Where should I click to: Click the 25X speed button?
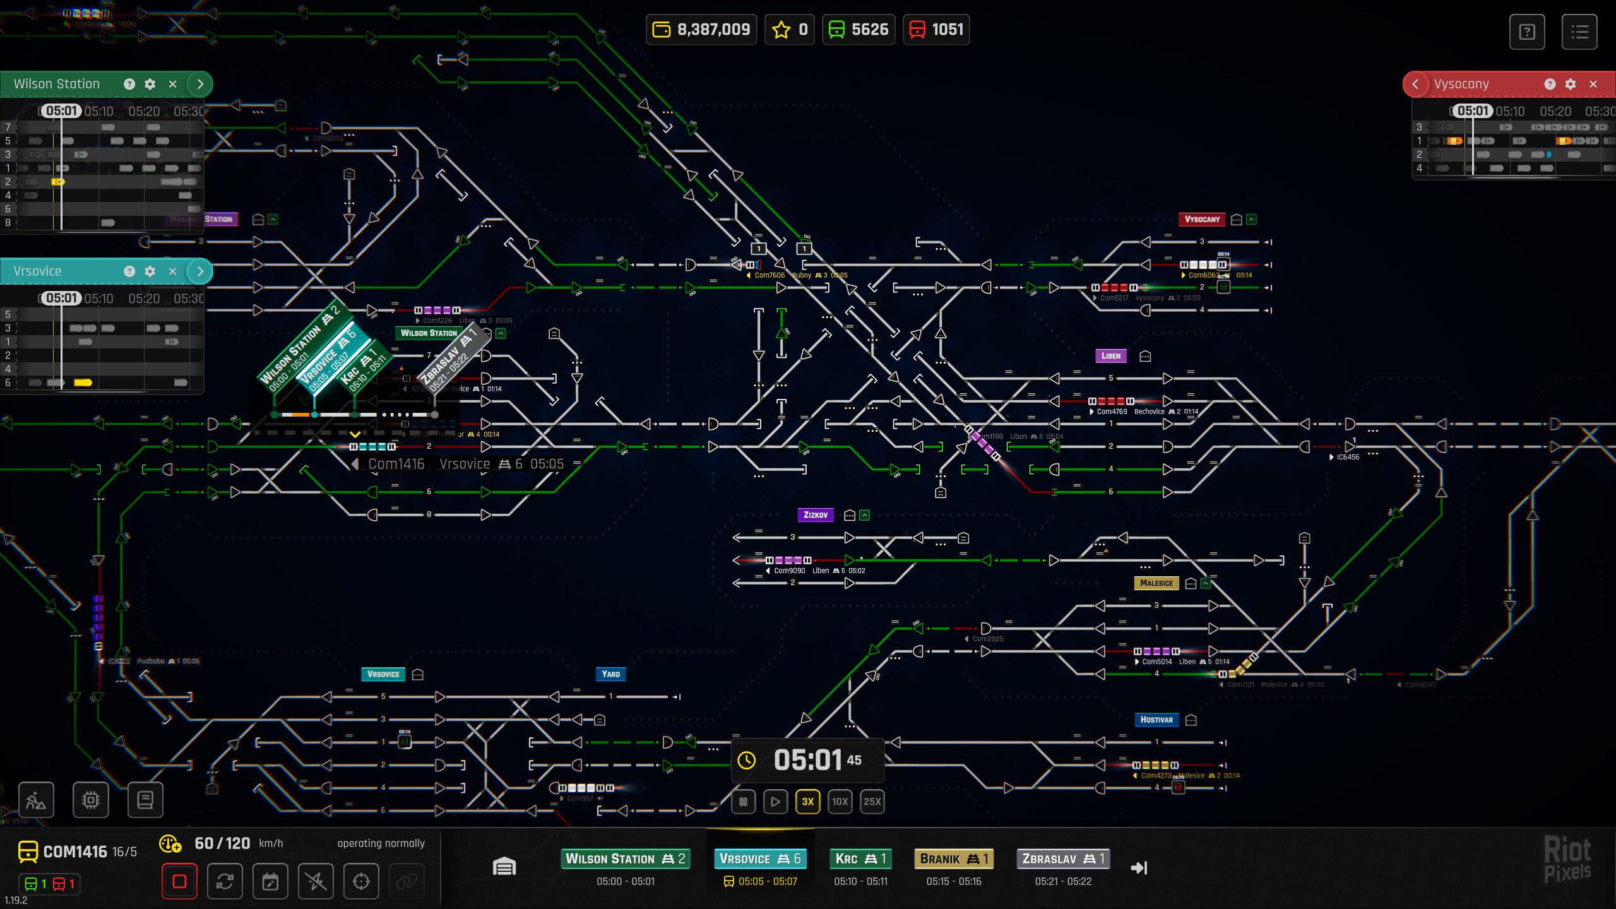click(x=872, y=802)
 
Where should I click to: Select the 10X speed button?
click(x=840, y=802)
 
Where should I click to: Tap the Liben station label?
click(x=1110, y=356)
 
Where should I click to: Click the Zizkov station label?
click(x=815, y=515)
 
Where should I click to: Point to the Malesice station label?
click(x=1156, y=583)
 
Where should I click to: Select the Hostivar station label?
click(x=1156, y=720)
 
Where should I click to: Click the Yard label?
click(x=610, y=674)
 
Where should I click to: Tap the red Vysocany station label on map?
click(x=1201, y=220)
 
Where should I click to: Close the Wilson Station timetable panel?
click(x=172, y=84)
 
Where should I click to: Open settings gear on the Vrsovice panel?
click(x=150, y=271)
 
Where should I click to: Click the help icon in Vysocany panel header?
click(x=1550, y=84)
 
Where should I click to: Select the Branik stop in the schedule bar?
click(x=953, y=858)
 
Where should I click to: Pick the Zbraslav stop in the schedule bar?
click(x=1063, y=858)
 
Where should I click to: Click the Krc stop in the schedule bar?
click(x=860, y=858)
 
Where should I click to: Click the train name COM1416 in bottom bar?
click(x=75, y=852)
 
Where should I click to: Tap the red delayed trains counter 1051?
click(x=936, y=30)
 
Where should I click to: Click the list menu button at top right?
click(x=1579, y=32)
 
